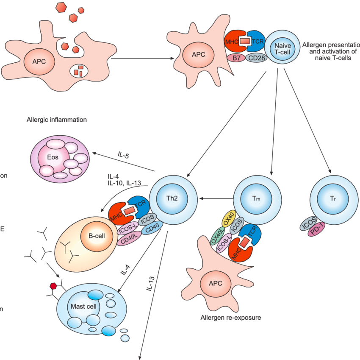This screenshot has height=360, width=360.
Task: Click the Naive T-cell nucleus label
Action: tap(282, 48)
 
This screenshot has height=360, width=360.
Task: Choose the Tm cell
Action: tap(256, 198)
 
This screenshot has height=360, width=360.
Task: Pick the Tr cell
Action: tap(332, 198)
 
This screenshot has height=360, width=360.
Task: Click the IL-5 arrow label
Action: tap(124, 156)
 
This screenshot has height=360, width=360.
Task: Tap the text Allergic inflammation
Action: tap(56, 120)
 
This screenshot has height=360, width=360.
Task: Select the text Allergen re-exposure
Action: tap(231, 317)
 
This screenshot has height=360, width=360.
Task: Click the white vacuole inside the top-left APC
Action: tap(79, 70)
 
